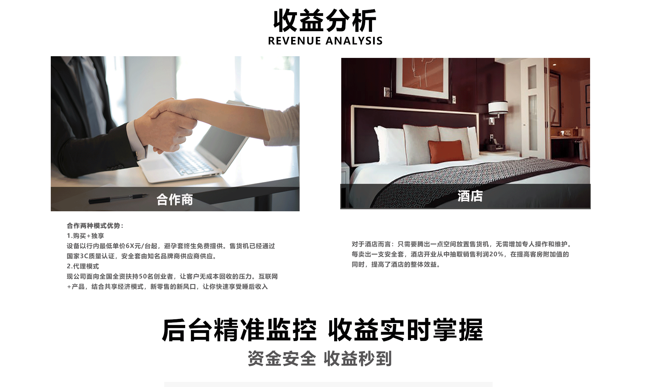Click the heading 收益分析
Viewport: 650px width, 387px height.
pyautogui.click(x=325, y=21)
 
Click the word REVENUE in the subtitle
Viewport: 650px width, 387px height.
pyautogui.click(x=294, y=41)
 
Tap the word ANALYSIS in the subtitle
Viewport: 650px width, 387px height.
pyautogui.click(x=354, y=41)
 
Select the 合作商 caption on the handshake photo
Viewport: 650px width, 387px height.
pyautogui.click(x=175, y=199)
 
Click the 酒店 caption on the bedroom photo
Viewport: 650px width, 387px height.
pyautogui.click(x=470, y=196)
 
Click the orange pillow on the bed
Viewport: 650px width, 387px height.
pyautogui.click(x=446, y=151)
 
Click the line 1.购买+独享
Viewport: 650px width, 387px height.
pyautogui.click(x=85, y=236)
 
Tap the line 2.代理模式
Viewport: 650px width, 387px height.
pyautogui.click(x=83, y=266)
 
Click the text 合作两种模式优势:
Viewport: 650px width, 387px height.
pyautogui.click(x=95, y=225)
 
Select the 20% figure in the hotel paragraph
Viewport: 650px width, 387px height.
pyautogui.click(x=496, y=254)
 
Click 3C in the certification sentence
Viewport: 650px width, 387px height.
pyautogui.click(x=84, y=256)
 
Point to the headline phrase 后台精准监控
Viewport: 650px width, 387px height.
pyautogui.click(x=239, y=330)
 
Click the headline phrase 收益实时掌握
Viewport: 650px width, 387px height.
pyautogui.click(x=406, y=330)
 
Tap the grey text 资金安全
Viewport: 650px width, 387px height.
pyautogui.click(x=282, y=359)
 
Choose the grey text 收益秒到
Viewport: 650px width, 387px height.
pyautogui.click(x=358, y=359)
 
